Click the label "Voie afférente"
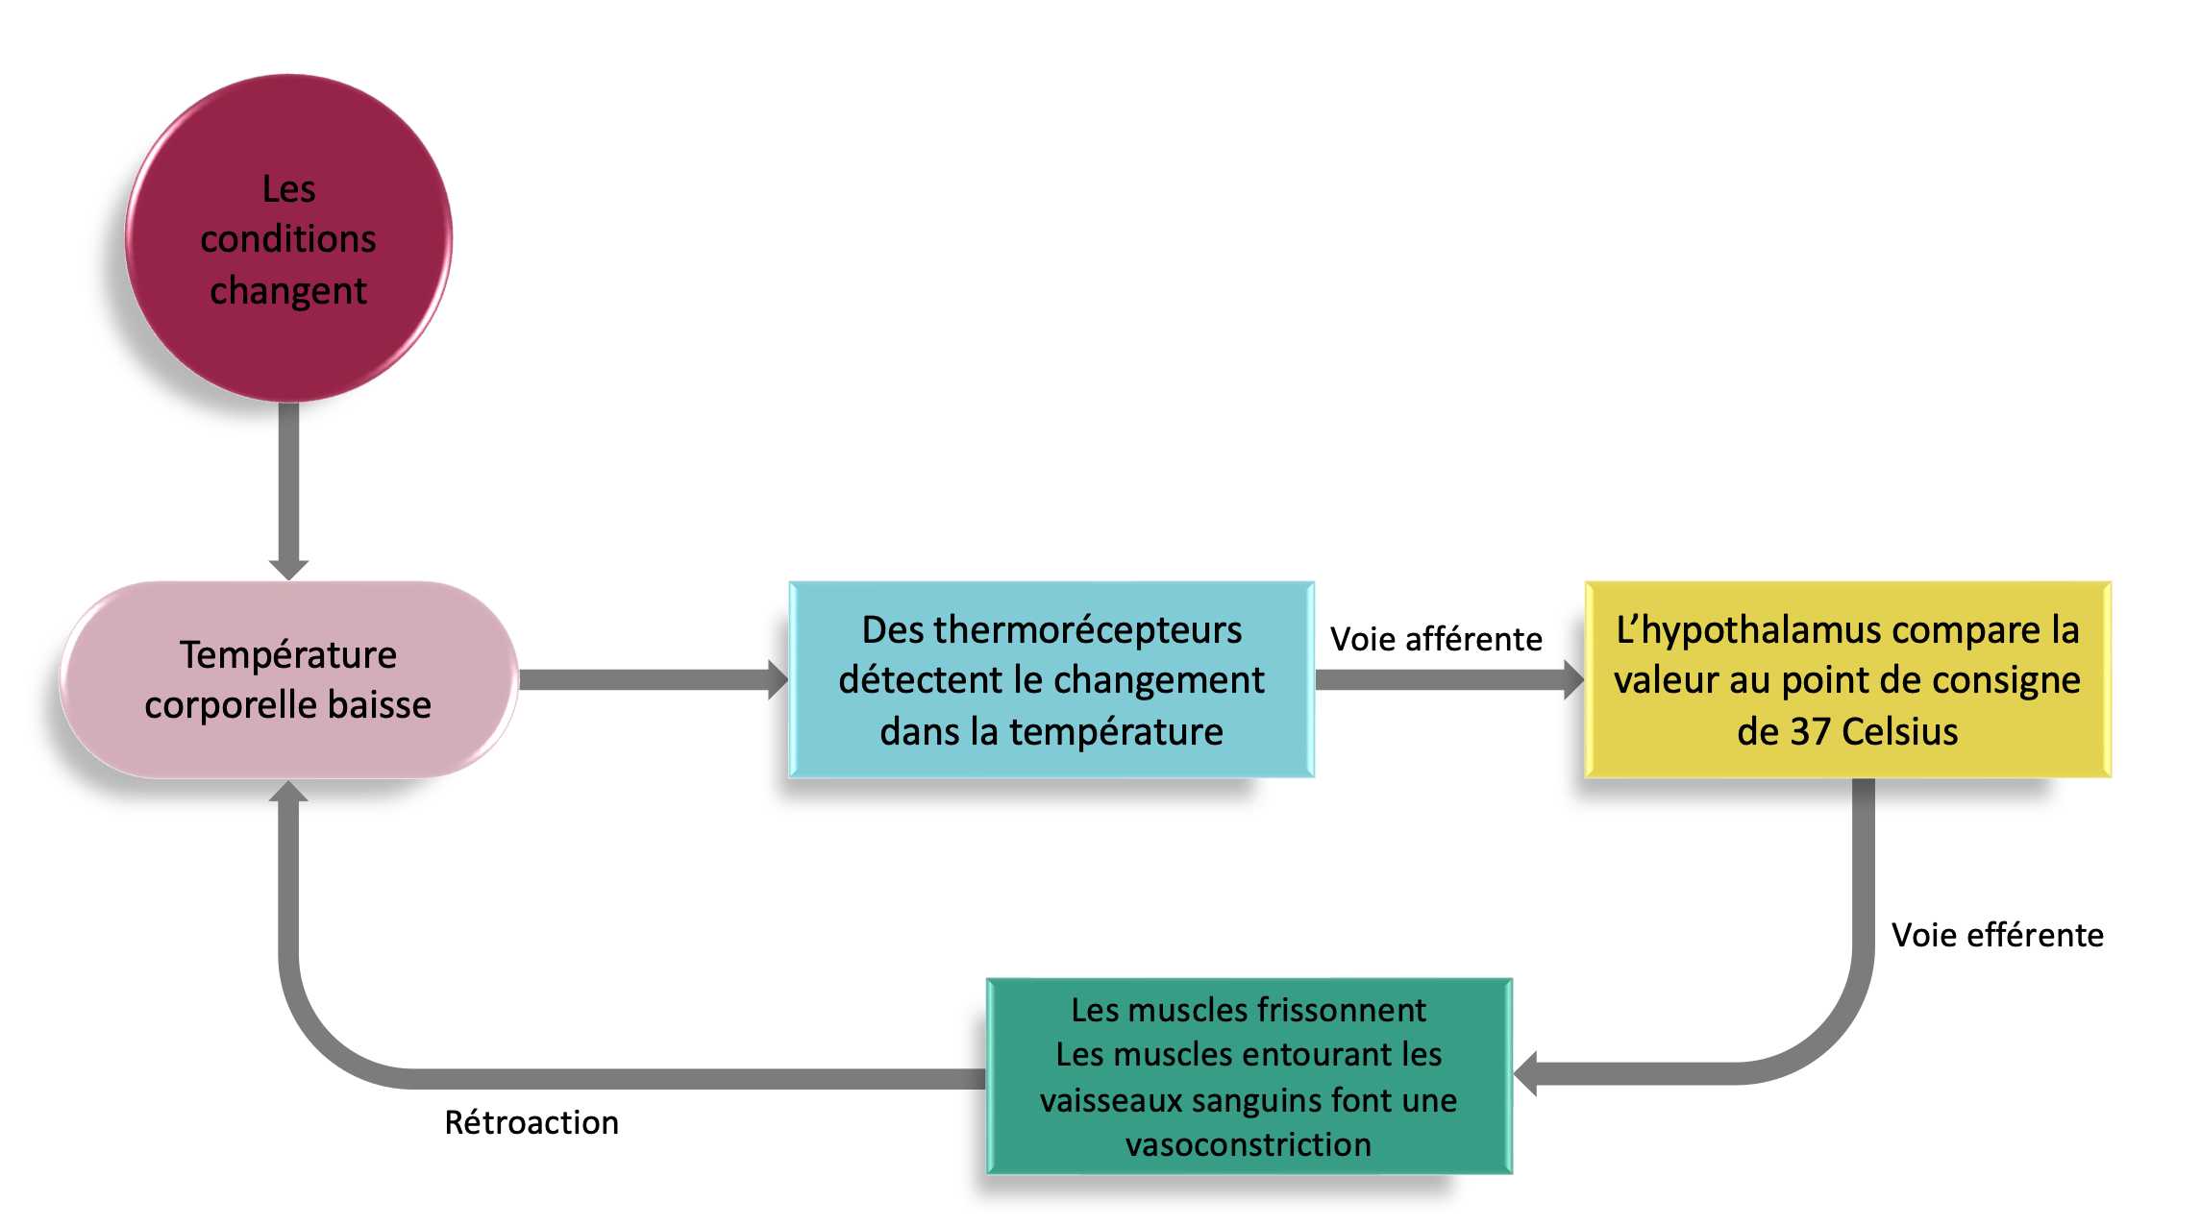(1436, 639)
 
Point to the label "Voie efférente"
(1997, 935)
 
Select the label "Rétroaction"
(532, 1122)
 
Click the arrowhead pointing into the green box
(1527, 1074)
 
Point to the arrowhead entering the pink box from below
(288, 793)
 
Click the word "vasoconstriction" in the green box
(1249, 1144)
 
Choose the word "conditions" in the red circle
(288, 239)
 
